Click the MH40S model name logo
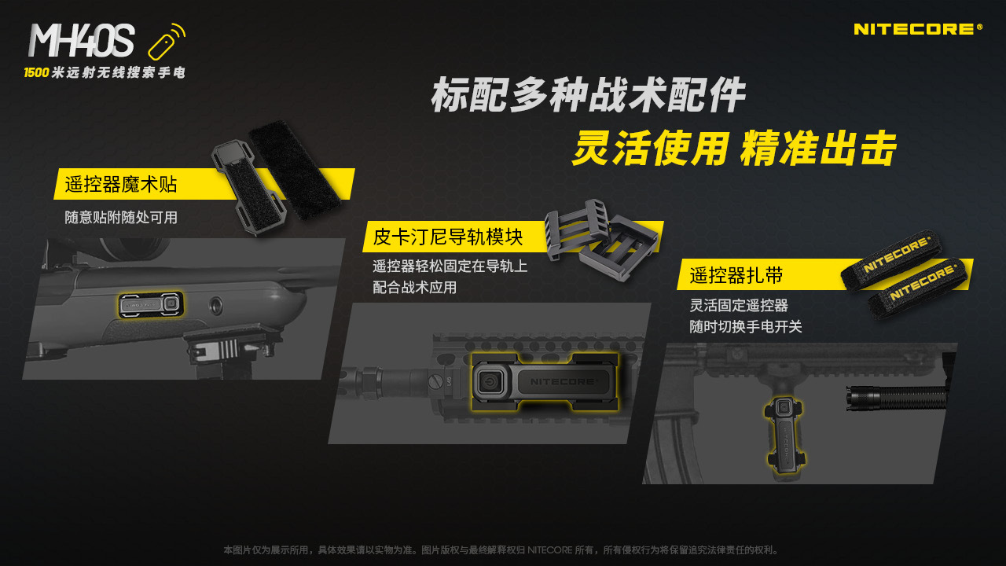pos(81,40)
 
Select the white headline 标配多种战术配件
pos(588,95)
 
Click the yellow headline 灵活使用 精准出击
pos(734,148)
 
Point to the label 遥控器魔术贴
pos(121,185)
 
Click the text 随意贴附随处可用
pos(121,218)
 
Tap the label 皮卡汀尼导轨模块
pos(448,237)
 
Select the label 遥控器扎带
pos(736,275)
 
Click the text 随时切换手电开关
pos(746,326)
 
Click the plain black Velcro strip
pos(295,170)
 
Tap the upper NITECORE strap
pos(892,259)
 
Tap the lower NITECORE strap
pos(917,288)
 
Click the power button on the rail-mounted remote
pos(490,382)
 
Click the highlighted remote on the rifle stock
pos(151,304)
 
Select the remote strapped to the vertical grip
pos(785,433)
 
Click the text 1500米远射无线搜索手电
pos(105,72)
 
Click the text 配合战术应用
pos(414,288)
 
